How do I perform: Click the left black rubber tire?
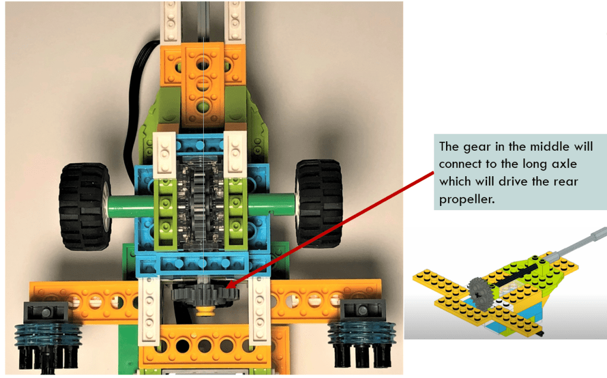coord(84,207)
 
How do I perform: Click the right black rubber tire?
coord(318,204)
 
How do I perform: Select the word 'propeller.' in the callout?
coord(467,199)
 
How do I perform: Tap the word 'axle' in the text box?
coord(564,164)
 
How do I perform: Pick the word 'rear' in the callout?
coord(565,182)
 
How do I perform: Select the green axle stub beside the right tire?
coord(271,204)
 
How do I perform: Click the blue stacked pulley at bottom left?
coord(48,335)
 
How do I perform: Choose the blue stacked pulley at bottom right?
coord(362,332)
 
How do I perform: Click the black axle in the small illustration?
coord(516,276)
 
